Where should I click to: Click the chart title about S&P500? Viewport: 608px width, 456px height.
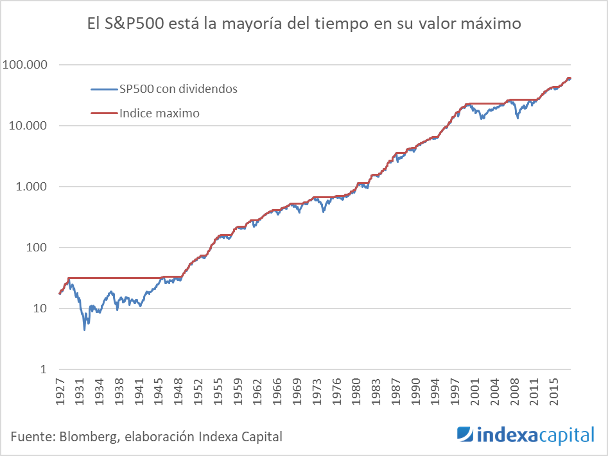tap(304, 24)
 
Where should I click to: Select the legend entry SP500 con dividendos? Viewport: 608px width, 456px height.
tap(178, 89)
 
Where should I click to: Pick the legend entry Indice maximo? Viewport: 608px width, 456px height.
tap(159, 114)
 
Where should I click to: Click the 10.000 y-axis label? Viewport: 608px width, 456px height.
tap(28, 126)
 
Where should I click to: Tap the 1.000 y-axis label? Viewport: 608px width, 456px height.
tap(31, 187)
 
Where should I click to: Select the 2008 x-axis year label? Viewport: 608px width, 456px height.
tap(515, 393)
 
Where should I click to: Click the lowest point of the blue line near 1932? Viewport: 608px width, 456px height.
tap(85, 330)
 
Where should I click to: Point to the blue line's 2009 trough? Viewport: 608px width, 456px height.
tap(518, 118)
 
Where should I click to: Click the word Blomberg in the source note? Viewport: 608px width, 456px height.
tap(89, 437)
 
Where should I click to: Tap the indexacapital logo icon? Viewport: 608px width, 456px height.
tap(465, 435)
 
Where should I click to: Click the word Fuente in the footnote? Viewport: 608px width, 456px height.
tap(31, 437)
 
